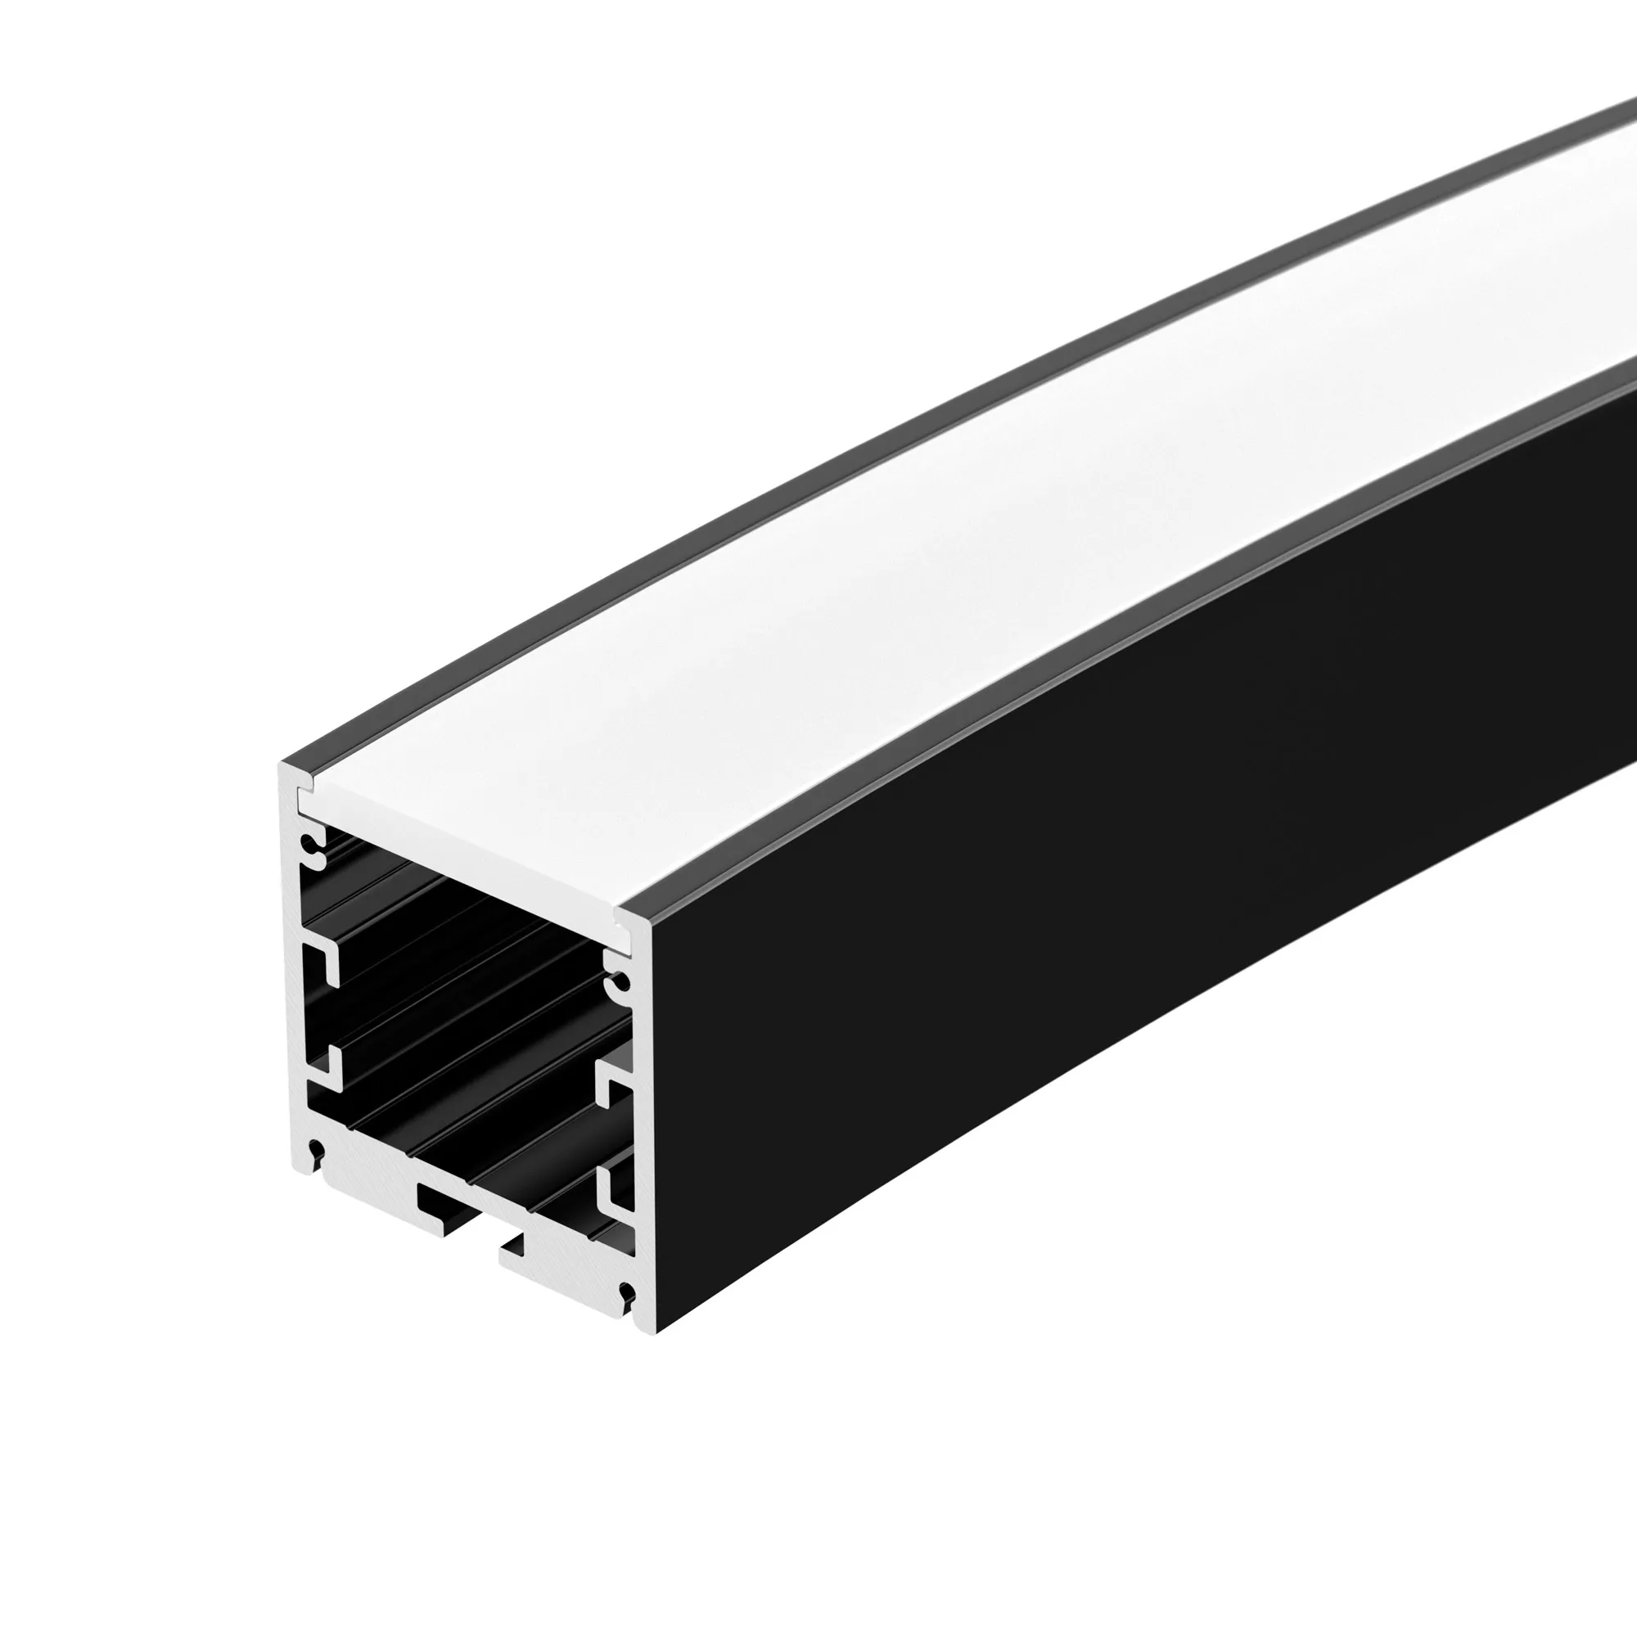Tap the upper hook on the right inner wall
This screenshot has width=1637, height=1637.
(611, 1088)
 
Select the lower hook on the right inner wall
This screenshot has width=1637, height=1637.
(611, 1190)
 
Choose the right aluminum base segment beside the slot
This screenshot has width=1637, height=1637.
(568, 1271)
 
